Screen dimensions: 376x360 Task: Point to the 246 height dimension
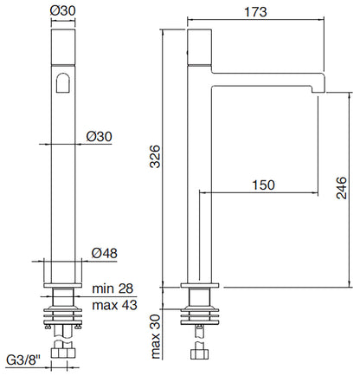[x=342, y=189]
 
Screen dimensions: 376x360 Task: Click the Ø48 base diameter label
[x=104, y=254]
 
